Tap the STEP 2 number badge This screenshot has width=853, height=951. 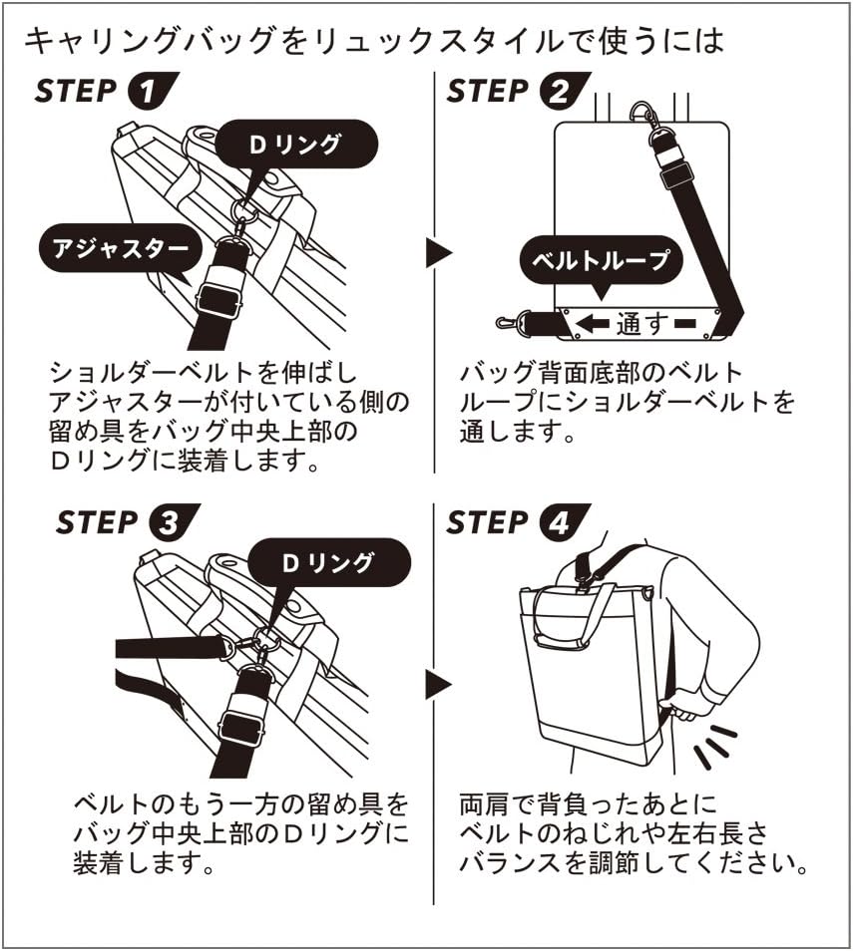pyautogui.click(x=560, y=92)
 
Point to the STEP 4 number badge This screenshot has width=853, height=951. pyautogui.click(x=560, y=523)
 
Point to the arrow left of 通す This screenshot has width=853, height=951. pyautogui.click(x=594, y=323)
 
